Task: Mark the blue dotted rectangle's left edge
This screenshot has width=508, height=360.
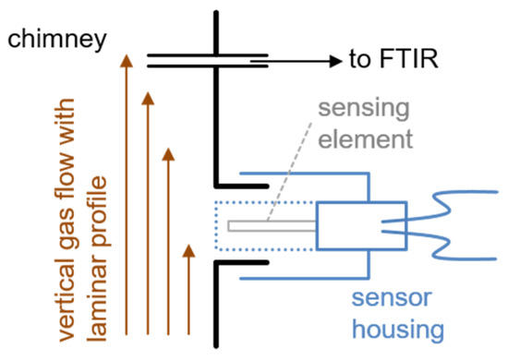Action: [x=215, y=225]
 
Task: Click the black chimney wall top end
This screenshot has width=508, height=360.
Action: [x=215, y=15]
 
